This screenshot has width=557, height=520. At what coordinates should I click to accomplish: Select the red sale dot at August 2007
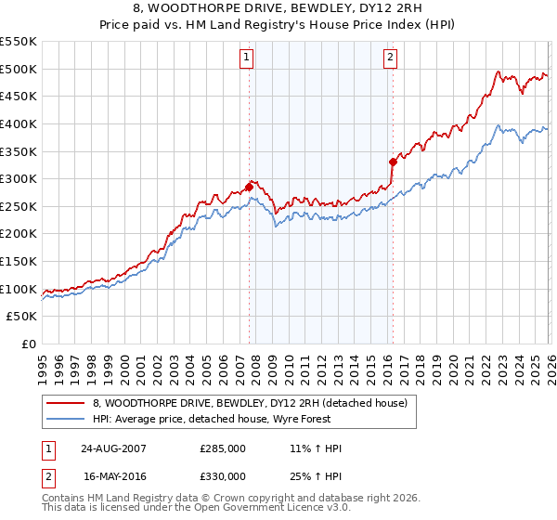coord(249,187)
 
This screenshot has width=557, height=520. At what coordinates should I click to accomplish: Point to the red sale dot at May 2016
coord(393,162)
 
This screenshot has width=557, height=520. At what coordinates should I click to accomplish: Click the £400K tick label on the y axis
coord(19,123)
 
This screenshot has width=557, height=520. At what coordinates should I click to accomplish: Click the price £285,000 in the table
coord(223,448)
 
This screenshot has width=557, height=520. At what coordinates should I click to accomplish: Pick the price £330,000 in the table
coord(223,474)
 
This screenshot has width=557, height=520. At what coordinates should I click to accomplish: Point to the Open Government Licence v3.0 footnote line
coord(197,508)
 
